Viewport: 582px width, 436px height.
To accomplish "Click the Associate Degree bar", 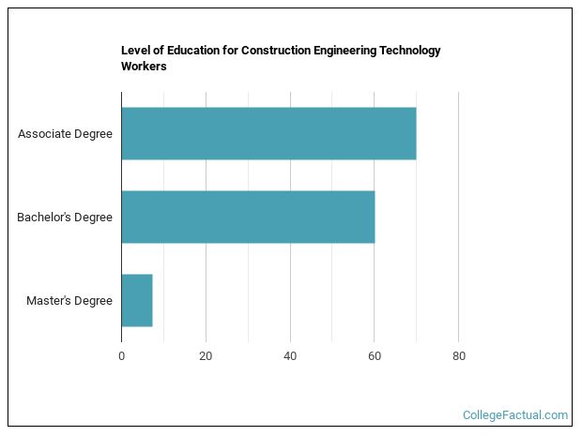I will point(268,133).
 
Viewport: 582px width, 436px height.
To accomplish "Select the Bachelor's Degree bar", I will point(248,217).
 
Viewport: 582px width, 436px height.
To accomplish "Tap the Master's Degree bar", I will point(137,300).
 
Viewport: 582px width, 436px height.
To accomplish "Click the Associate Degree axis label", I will point(65,133).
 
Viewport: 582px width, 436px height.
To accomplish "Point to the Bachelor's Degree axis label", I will point(65,218).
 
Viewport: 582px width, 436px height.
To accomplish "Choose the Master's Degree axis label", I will point(69,301).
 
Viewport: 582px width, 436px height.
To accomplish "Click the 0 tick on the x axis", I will point(122,356).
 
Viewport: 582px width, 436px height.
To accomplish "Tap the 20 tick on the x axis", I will point(206,356).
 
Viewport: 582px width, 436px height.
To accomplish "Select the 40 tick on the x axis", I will point(290,356).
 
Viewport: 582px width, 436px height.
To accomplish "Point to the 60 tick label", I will point(374,356).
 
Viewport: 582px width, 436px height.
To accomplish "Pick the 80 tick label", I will point(458,356).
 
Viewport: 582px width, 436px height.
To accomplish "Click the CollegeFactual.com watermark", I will point(515,414).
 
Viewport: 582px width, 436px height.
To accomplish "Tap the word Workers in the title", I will point(144,67).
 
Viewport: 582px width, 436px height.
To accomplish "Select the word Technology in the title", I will point(408,51).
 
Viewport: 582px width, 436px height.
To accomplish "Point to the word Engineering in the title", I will point(345,51).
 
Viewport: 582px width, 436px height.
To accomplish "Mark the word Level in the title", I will point(136,51).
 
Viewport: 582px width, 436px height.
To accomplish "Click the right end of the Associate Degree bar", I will point(414,133).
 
